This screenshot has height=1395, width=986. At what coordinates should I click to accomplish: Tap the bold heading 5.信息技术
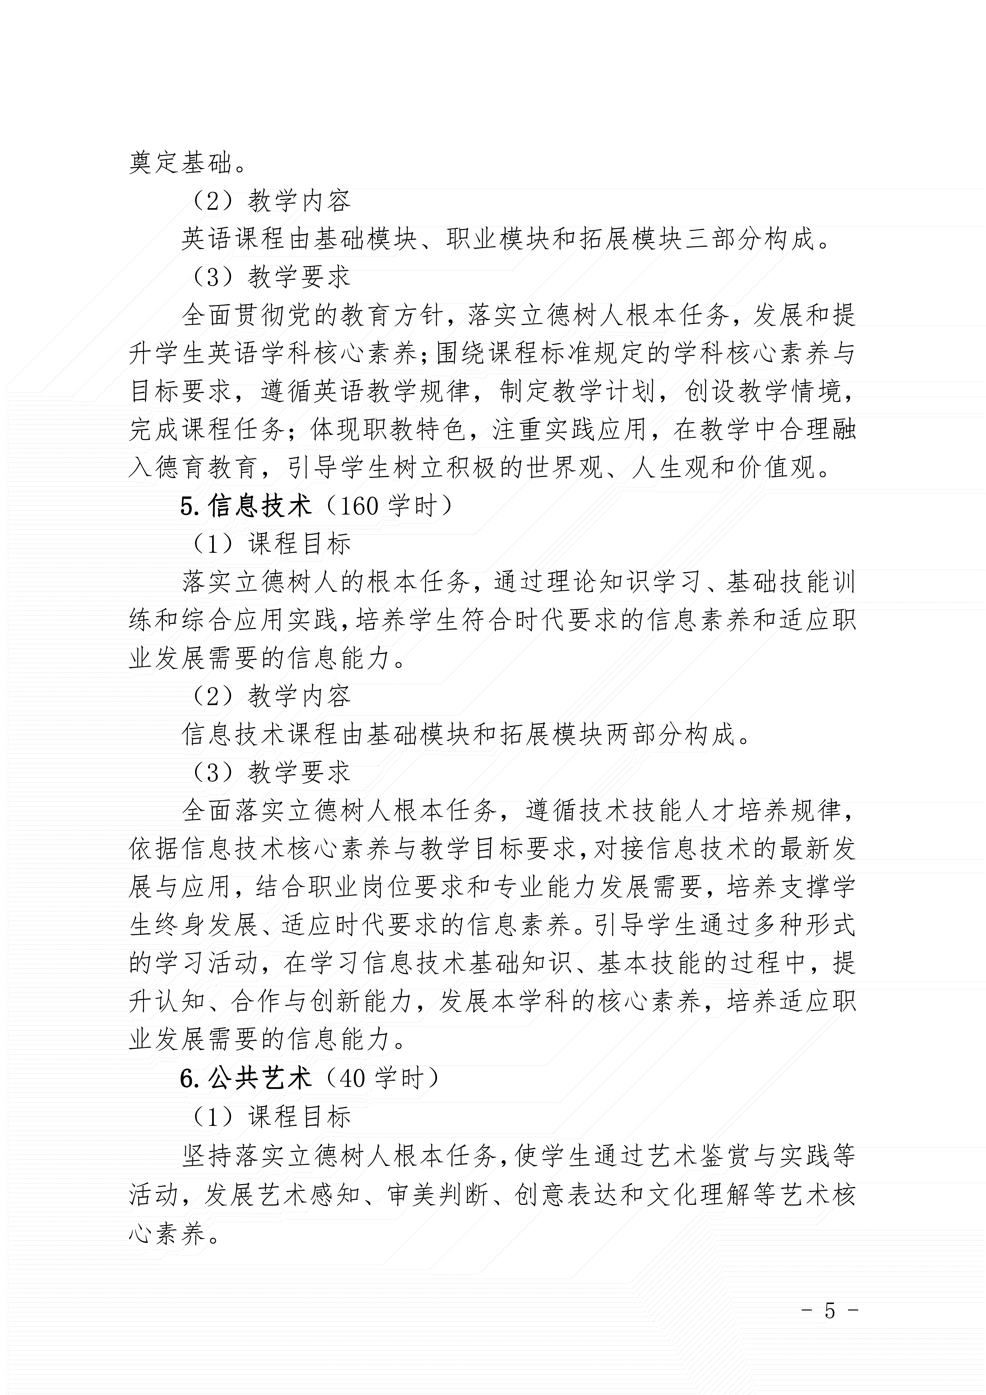pos(246,506)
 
